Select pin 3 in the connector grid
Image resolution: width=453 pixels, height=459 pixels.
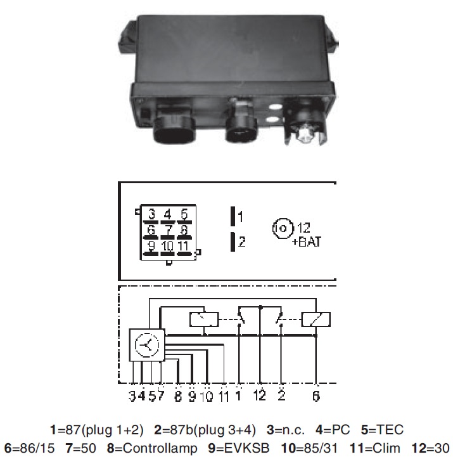151,215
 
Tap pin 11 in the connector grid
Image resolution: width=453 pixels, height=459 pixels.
184,247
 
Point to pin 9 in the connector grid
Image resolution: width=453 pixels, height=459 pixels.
151,247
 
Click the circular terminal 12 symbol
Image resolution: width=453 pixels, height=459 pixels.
283,228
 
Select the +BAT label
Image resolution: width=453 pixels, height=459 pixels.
307,242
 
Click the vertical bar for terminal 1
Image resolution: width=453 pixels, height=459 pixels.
233,216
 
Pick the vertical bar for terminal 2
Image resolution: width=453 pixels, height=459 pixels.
233,242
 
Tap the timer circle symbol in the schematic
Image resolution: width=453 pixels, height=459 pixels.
147,345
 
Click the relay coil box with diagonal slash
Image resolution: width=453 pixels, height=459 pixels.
316,320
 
